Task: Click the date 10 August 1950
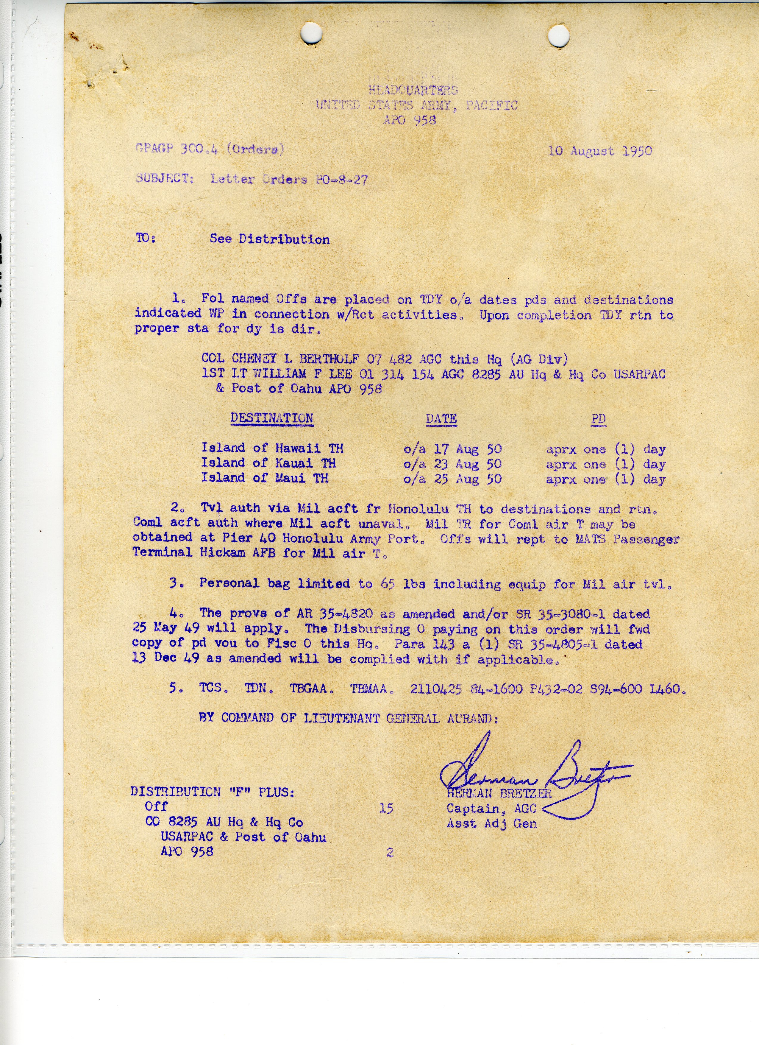600,151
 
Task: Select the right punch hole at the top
559,35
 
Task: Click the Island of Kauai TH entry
268,463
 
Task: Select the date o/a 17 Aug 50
452,449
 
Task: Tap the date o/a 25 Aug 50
452,479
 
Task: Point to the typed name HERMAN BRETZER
499,793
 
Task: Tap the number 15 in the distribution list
386,809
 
